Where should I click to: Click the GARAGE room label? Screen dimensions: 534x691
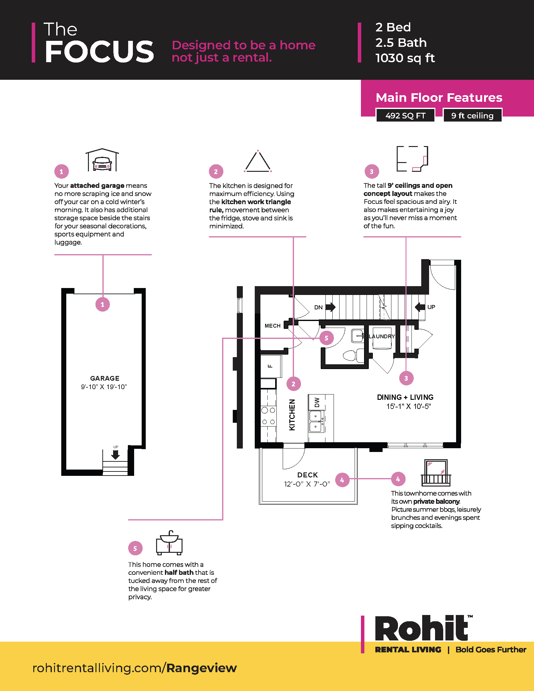click(x=105, y=378)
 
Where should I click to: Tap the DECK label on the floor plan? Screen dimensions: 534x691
click(x=308, y=475)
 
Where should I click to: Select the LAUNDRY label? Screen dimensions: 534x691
click(x=382, y=336)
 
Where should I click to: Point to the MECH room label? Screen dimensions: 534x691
click(x=272, y=326)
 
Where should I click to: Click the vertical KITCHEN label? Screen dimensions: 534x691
click(x=292, y=415)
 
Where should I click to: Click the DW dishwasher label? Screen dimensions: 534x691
click(x=317, y=402)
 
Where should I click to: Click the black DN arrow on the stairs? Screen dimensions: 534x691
click(x=330, y=307)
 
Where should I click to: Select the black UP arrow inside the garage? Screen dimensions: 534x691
click(x=116, y=454)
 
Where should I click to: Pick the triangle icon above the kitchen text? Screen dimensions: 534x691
click(x=258, y=161)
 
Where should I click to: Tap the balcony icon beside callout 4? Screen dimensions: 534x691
click(x=436, y=473)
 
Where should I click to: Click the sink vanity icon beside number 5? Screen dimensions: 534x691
click(x=169, y=543)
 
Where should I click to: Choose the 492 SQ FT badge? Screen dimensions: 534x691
click(x=405, y=116)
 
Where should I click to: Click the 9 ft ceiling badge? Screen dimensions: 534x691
click(x=472, y=116)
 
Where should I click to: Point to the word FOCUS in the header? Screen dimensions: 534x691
click(x=99, y=52)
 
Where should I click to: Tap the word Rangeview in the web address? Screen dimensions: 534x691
click(x=202, y=668)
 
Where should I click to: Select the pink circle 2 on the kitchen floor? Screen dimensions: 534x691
click(x=293, y=384)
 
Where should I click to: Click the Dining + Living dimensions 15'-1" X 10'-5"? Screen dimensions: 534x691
click(x=408, y=406)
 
